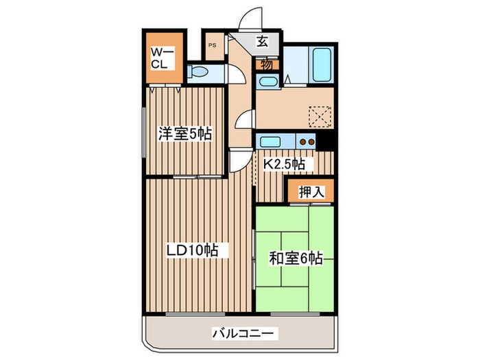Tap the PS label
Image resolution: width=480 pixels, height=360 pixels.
point(212,46)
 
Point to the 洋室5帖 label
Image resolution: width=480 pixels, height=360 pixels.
point(185,134)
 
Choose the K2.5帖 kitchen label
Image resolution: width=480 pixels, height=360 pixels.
point(285,165)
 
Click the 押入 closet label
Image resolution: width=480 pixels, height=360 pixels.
point(311,192)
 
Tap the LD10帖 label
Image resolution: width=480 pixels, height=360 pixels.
point(193,250)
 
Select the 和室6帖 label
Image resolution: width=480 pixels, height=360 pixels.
point(296,259)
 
